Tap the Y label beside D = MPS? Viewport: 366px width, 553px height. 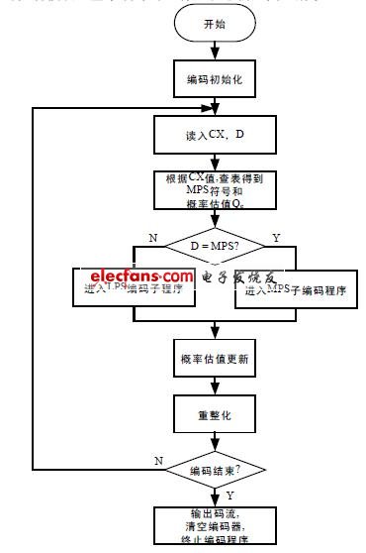[275, 237]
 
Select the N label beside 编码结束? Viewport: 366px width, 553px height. [159, 461]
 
